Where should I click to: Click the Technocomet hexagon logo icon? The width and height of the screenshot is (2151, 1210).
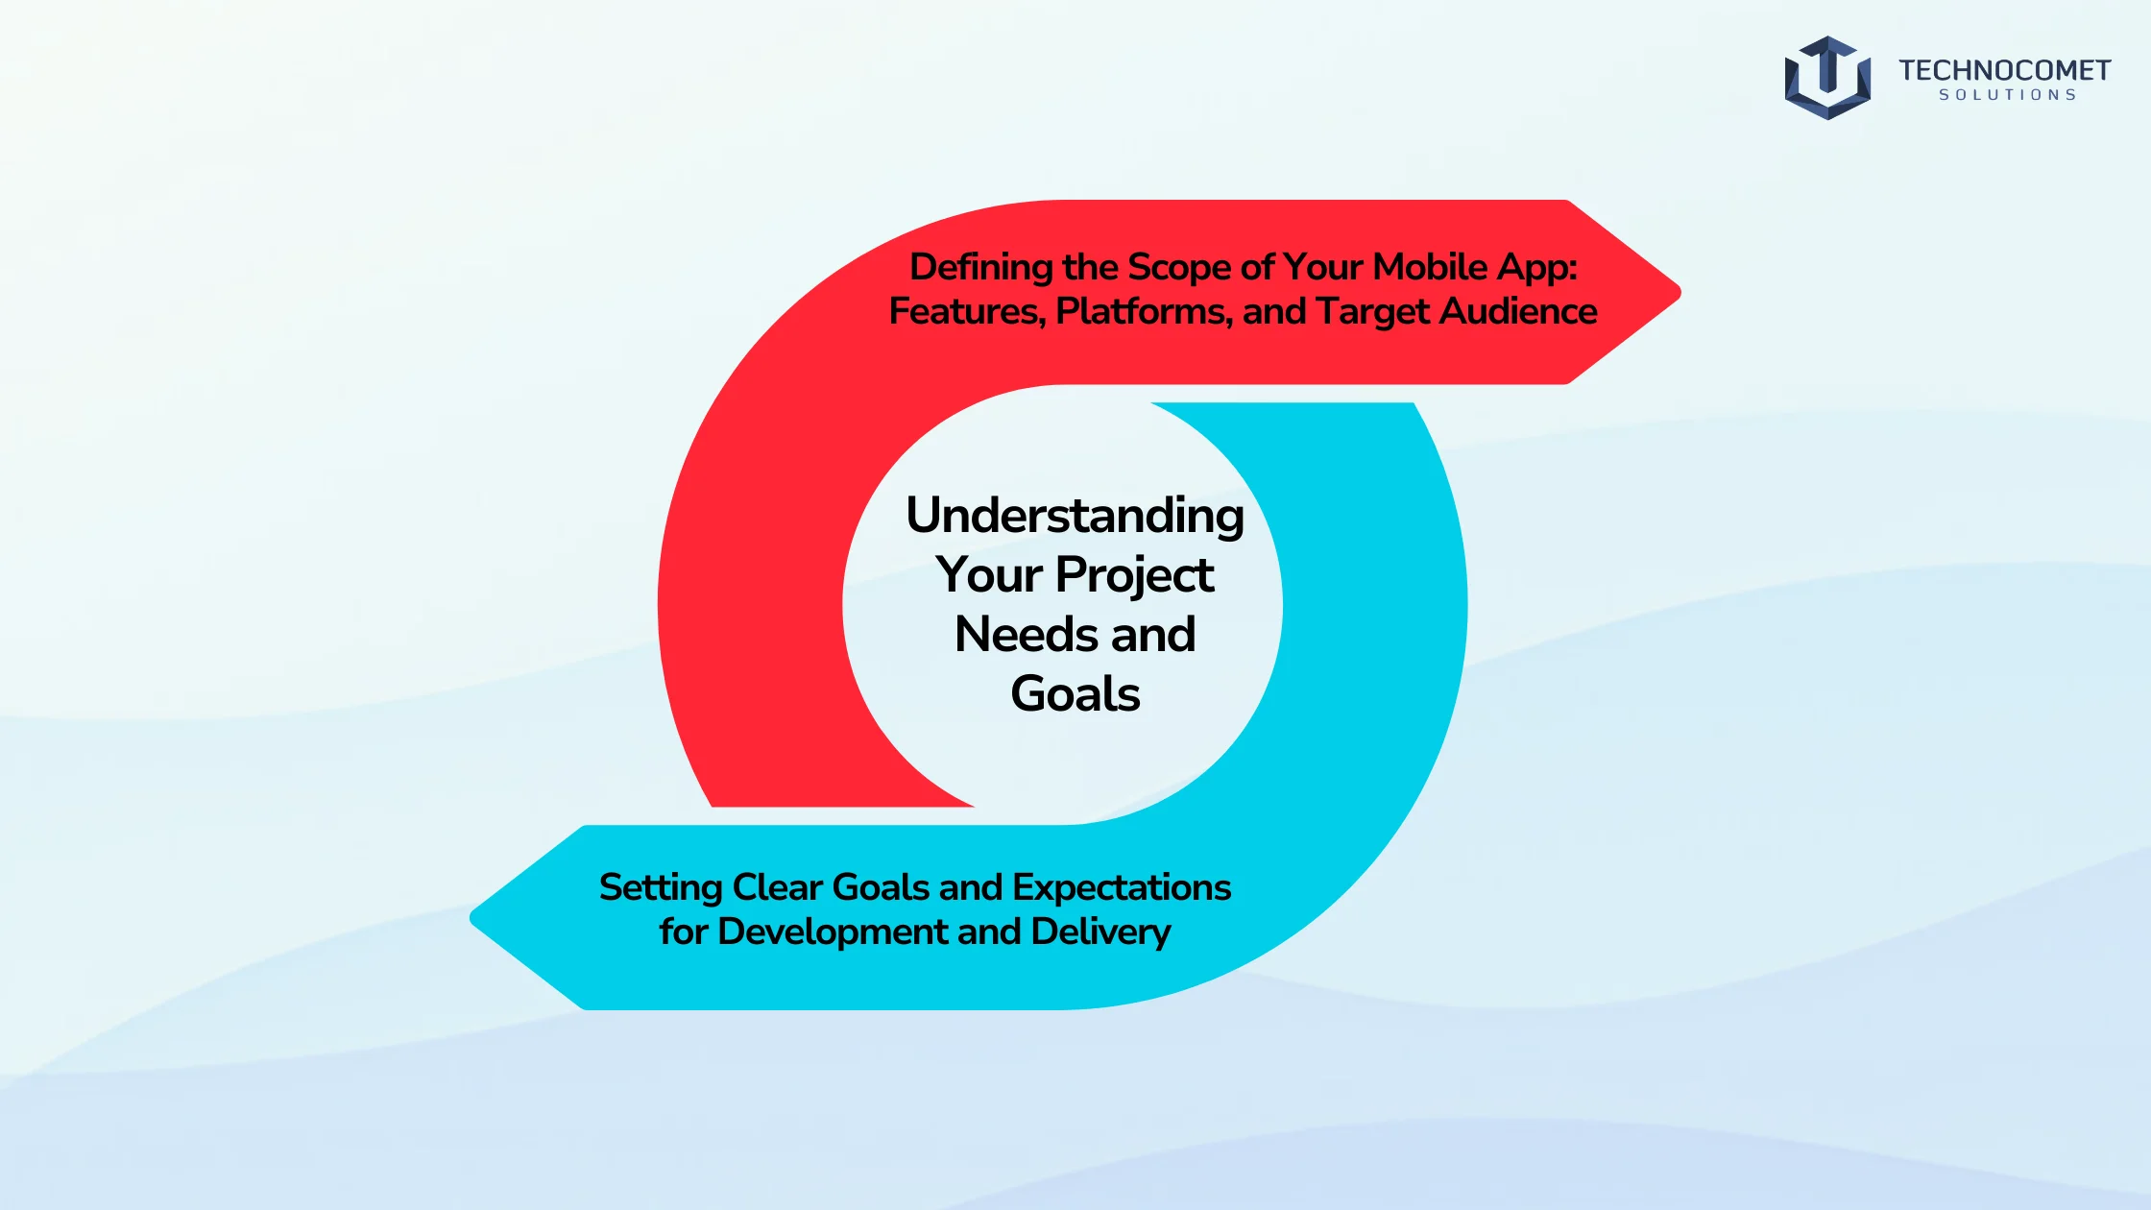coord(1827,78)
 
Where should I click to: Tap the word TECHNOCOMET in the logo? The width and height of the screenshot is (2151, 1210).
coord(2004,70)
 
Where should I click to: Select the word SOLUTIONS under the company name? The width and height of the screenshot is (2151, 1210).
coord(2007,95)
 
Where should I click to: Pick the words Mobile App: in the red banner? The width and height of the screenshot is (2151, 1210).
coord(1475,267)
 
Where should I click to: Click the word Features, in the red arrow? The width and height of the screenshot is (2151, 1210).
coord(967,312)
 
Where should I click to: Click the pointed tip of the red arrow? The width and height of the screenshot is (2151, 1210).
coord(1680,292)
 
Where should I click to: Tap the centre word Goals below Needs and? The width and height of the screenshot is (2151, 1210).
coord(1075,694)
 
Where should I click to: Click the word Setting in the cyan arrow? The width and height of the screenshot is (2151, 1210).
coord(661,888)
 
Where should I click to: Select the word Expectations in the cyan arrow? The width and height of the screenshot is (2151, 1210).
coord(1122,888)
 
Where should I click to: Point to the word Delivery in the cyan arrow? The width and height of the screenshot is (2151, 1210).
coord(1100,932)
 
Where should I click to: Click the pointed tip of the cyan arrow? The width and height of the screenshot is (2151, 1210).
coord(471,917)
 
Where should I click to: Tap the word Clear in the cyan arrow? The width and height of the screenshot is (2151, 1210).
coord(777,887)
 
